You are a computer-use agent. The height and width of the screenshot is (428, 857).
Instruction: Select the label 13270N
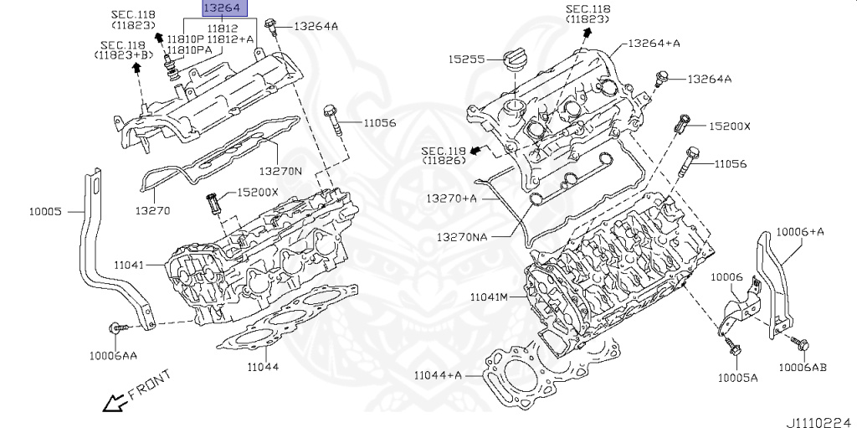click(x=280, y=170)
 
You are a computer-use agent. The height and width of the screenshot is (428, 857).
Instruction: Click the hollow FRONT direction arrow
click(x=112, y=404)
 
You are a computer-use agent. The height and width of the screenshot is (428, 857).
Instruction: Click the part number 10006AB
click(x=803, y=366)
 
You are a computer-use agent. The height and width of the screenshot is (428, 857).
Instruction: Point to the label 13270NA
click(x=461, y=237)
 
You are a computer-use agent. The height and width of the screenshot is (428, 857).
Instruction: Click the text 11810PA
click(x=188, y=50)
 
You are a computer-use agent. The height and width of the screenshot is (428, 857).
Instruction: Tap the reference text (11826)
click(x=444, y=159)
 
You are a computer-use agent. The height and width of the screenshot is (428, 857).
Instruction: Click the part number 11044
click(x=263, y=367)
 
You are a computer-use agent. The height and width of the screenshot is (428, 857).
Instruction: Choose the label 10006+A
click(x=799, y=231)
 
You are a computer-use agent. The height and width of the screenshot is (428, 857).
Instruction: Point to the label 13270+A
click(x=452, y=199)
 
